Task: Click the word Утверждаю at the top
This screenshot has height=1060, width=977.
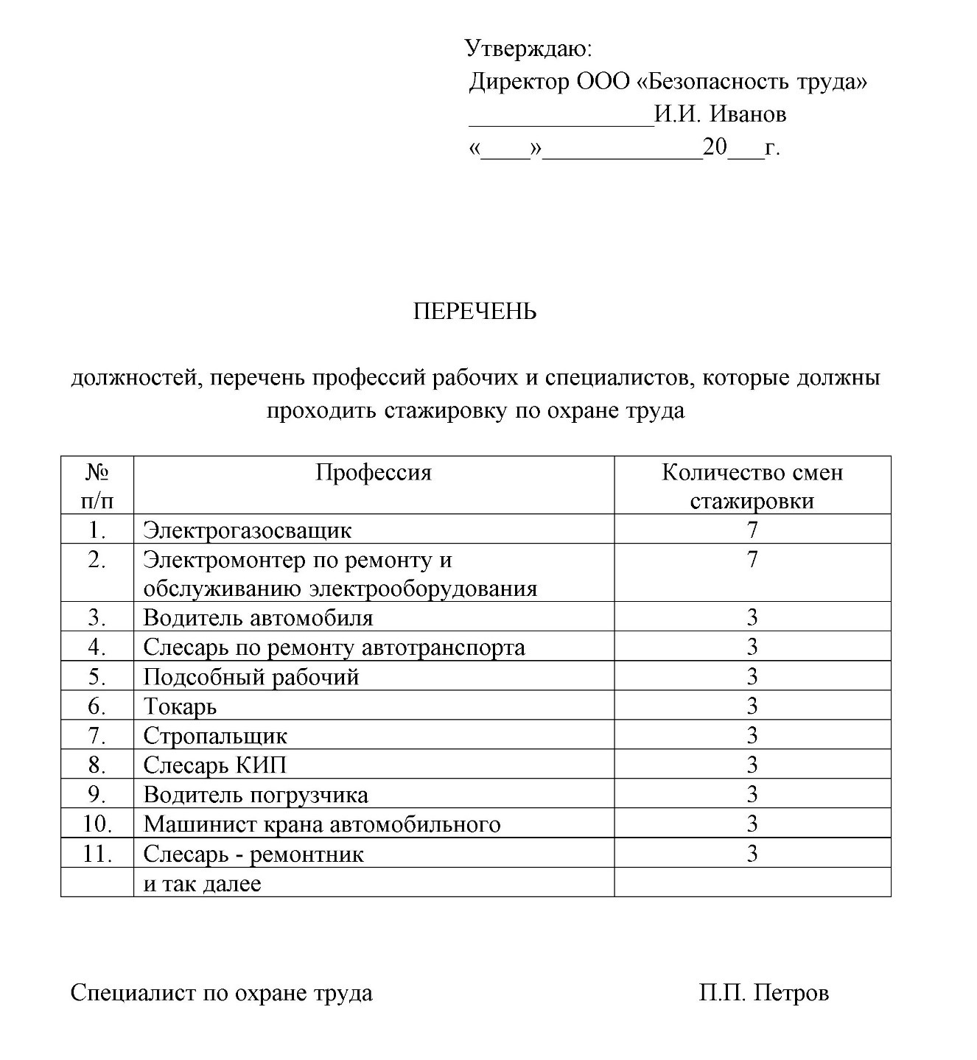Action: pyautogui.click(x=528, y=49)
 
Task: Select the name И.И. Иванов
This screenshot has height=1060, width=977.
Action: pyautogui.click(x=720, y=114)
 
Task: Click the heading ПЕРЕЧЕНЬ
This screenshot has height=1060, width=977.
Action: pyautogui.click(x=475, y=312)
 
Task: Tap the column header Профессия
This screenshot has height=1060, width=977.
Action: pyautogui.click(x=374, y=472)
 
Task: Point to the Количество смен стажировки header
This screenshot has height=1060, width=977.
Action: pyautogui.click(x=752, y=486)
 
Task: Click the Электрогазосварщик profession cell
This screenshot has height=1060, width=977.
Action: pyautogui.click(x=248, y=530)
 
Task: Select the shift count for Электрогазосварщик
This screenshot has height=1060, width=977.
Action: pyautogui.click(x=752, y=530)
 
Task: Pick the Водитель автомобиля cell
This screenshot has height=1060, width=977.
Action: pyautogui.click(x=258, y=617)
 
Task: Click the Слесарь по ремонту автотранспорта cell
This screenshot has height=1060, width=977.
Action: pyautogui.click(x=334, y=647)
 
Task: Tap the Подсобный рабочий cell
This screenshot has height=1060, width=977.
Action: pyautogui.click(x=251, y=676)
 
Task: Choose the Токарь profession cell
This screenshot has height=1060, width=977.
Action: pyautogui.click(x=181, y=706)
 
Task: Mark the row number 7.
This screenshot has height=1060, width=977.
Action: pyautogui.click(x=97, y=735)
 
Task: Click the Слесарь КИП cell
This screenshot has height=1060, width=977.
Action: pyautogui.click(x=214, y=765)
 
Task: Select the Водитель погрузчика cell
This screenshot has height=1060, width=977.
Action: pyautogui.click(x=256, y=795)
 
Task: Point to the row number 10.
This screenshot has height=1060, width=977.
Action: pyautogui.click(x=97, y=824)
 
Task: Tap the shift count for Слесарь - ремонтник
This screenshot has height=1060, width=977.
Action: pyautogui.click(x=752, y=853)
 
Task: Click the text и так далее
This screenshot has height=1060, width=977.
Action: pyautogui.click(x=203, y=883)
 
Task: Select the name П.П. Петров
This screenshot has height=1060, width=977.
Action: pyautogui.click(x=763, y=993)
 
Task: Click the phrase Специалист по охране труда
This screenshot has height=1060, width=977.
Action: pyautogui.click(x=222, y=993)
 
